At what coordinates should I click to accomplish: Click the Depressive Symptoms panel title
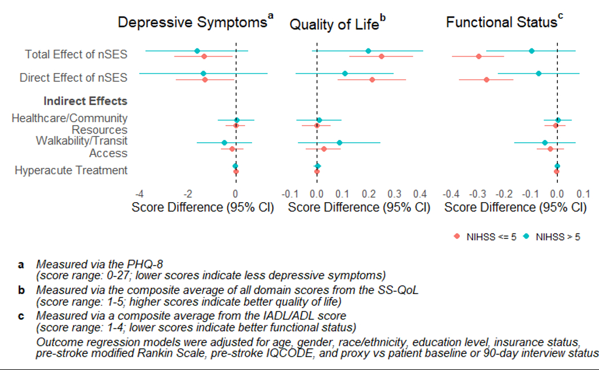(x=192, y=23)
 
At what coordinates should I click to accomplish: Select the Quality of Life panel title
(x=334, y=25)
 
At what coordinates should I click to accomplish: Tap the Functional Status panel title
(x=501, y=23)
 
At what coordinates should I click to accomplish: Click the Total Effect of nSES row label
(x=76, y=54)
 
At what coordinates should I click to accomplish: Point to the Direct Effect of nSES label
(x=73, y=77)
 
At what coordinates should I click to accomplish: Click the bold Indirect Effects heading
(x=85, y=101)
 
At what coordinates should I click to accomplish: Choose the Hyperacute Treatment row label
(x=71, y=170)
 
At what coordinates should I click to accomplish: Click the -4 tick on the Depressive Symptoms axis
(x=139, y=194)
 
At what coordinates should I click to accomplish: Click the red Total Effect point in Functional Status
(x=479, y=56)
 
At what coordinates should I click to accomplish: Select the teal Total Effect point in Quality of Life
(x=368, y=51)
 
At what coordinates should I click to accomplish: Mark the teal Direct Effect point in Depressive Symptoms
(x=203, y=74)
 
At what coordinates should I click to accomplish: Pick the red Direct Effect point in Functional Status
(x=486, y=79)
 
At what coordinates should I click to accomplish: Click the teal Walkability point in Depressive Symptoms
(x=224, y=143)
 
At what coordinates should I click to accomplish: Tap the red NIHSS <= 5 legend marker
(x=456, y=237)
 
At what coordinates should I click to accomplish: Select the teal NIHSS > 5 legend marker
(x=527, y=237)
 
